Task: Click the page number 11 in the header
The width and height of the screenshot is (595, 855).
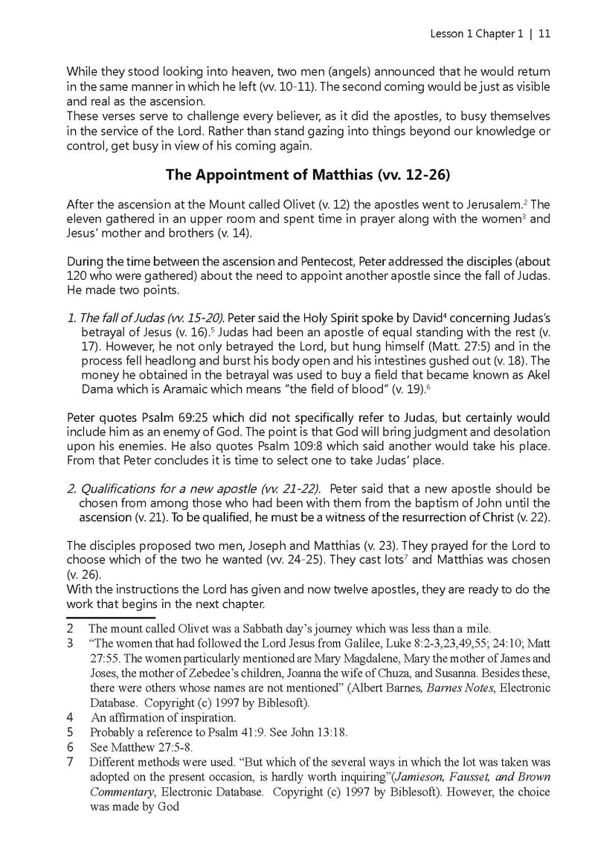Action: coord(544,33)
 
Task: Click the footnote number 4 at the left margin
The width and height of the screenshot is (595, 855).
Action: coord(69,718)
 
